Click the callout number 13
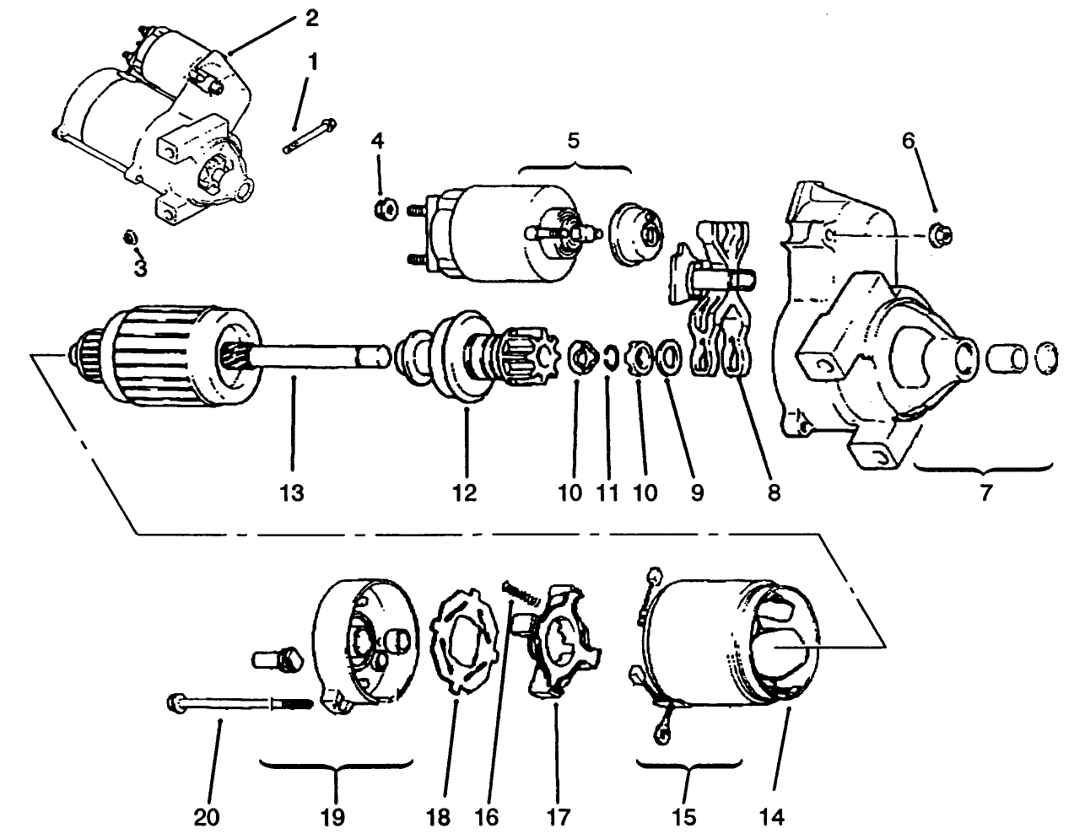292,492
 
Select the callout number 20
207,816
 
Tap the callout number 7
985,492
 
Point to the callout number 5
574,140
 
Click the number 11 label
607,492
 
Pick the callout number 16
488,816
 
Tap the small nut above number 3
130,236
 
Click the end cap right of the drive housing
1045,356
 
